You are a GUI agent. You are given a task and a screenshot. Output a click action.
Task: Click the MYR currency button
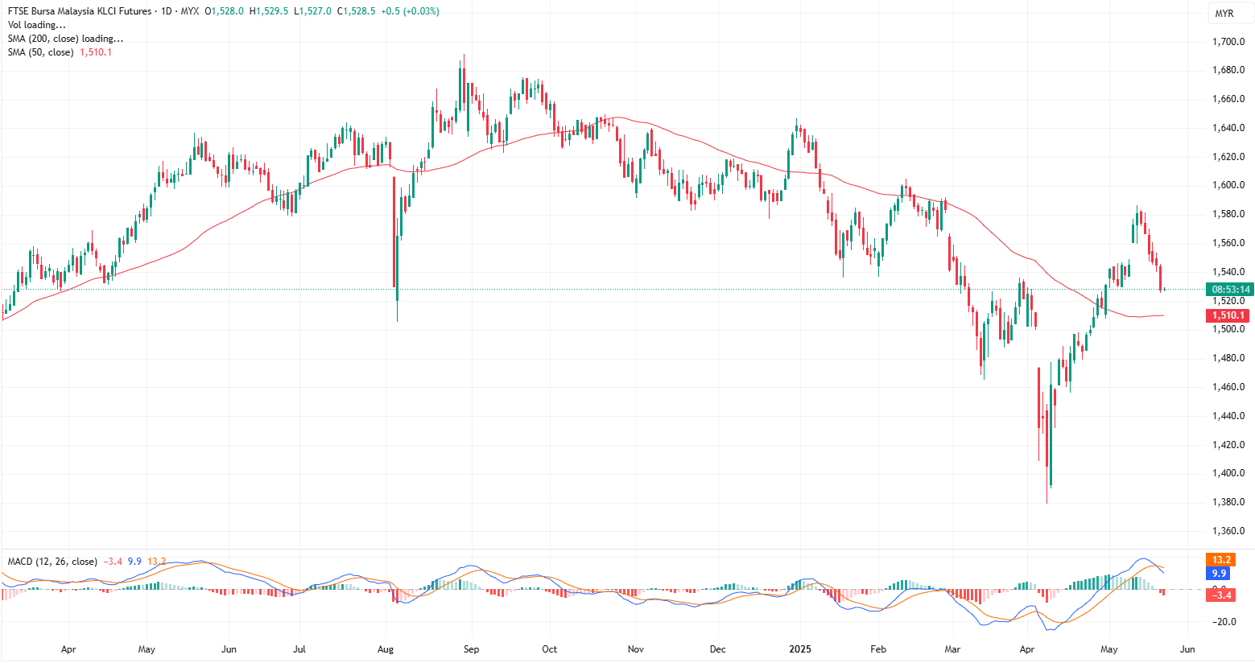tap(1224, 14)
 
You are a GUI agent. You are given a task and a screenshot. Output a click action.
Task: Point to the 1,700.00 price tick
tap(1228, 42)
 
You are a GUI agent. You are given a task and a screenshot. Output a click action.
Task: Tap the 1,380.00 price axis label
tap(1228, 502)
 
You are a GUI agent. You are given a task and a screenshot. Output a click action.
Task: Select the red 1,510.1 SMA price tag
tap(1228, 315)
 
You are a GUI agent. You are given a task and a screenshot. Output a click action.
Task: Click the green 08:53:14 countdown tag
tap(1231, 290)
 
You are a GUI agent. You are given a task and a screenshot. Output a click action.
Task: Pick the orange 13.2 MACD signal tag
tap(1220, 560)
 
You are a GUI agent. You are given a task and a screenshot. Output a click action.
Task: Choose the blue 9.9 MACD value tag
tap(1219, 574)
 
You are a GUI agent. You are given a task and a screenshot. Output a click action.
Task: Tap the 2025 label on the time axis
tap(800, 649)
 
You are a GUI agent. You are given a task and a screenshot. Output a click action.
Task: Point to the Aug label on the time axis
tap(386, 649)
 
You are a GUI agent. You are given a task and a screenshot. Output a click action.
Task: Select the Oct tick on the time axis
tap(550, 649)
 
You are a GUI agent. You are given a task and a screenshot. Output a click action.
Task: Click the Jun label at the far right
tap(1187, 649)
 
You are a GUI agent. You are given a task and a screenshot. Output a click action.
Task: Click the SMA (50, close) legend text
tap(40, 52)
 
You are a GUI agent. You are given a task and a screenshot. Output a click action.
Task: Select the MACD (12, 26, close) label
tap(52, 562)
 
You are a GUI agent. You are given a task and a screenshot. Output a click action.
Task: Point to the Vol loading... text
tap(37, 25)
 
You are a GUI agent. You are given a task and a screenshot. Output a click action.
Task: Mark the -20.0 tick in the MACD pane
tap(1224, 622)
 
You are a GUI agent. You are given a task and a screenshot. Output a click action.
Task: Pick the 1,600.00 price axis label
tap(1228, 185)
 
